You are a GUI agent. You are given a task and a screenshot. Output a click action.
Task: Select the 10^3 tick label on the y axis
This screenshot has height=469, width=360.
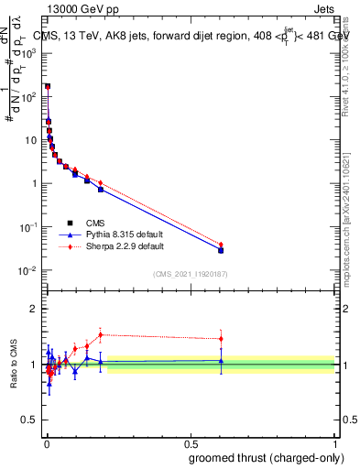(x=27, y=53)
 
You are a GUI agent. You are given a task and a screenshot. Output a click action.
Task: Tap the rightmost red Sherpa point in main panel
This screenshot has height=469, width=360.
(x=221, y=245)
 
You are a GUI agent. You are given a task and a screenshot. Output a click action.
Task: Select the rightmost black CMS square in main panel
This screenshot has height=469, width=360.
(x=221, y=250)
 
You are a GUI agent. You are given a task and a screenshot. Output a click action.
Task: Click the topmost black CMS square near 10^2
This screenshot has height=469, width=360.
(x=48, y=86)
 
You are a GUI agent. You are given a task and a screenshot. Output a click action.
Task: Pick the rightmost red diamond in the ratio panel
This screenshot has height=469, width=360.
(x=221, y=339)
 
